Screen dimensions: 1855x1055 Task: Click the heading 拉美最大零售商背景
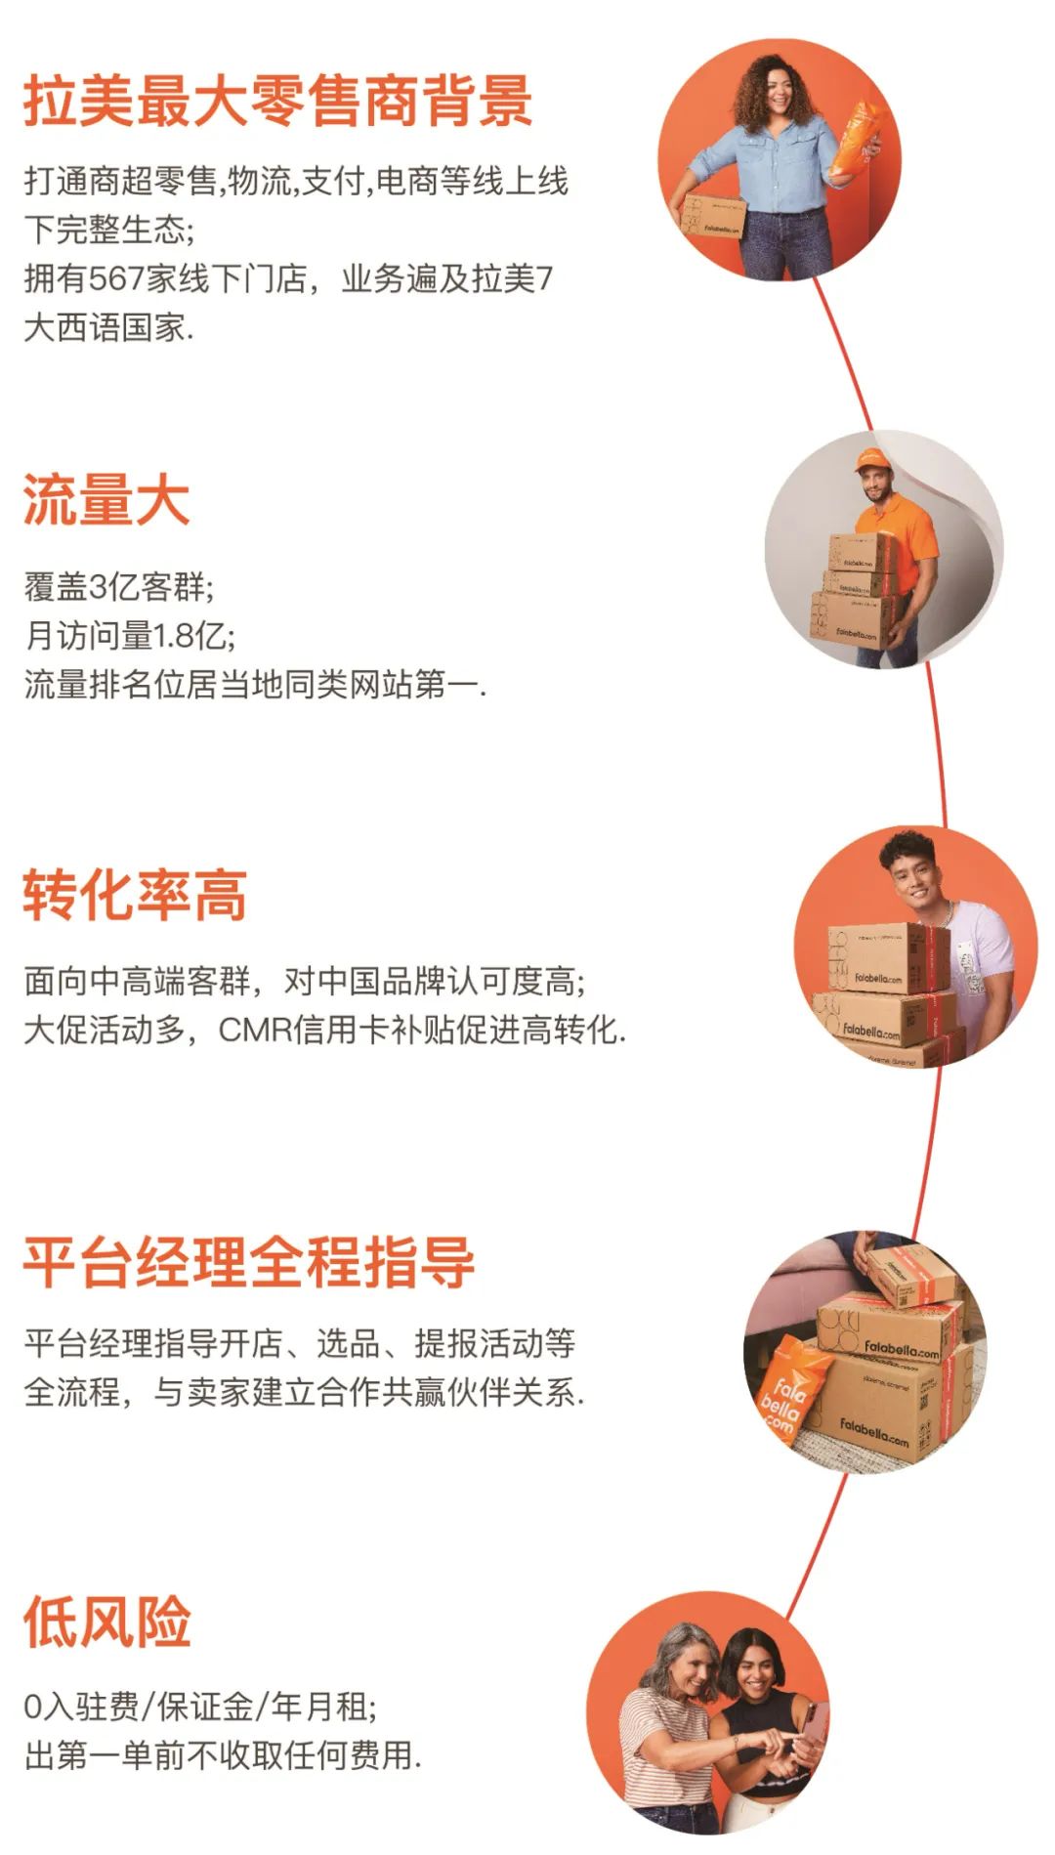point(277,101)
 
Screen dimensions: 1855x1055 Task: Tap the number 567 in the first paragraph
point(117,278)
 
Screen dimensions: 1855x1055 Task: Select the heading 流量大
point(105,501)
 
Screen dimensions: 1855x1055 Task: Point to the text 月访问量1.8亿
point(129,636)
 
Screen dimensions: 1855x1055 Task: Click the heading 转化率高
point(135,895)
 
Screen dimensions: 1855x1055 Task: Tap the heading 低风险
point(106,1623)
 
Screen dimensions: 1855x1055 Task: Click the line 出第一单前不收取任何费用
point(223,1755)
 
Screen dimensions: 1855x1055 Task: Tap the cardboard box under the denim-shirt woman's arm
point(710,218)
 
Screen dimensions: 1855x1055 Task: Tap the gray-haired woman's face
point(689,1666)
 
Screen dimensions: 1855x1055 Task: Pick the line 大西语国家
point(108,327)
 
